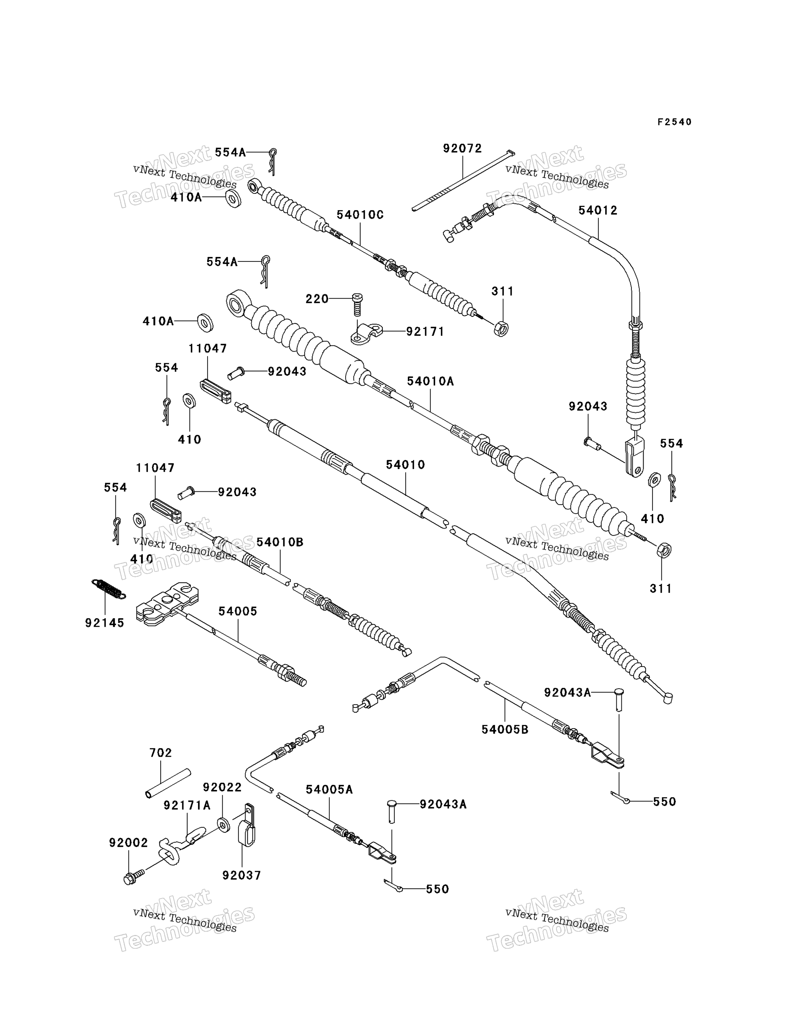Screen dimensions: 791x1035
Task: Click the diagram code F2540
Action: click(674, 122)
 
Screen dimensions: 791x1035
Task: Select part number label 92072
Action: click(462, 148)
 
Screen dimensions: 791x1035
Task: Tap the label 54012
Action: click(598, 210)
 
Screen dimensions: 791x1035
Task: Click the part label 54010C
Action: click(360, 215)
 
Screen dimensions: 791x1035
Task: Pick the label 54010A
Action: click(431, 381)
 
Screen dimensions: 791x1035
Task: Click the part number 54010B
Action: click(280, 542)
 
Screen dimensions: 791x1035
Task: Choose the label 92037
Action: click(241, 875)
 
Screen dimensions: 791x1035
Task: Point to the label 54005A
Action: click(329, 790)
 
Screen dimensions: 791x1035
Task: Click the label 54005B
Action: click(505, 730)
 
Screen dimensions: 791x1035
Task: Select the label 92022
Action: click(222, 788)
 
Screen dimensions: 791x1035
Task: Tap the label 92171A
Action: click(187, 805)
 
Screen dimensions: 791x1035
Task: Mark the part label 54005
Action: click(238, 612)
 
